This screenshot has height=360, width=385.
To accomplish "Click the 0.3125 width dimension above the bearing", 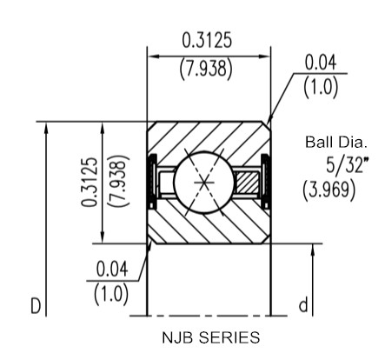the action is tap(207, 40).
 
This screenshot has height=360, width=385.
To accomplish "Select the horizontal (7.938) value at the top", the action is tap(206, 70).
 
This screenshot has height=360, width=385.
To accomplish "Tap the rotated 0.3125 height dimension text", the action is tap(89, 182).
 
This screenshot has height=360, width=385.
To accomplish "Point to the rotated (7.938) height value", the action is tap(118, 181).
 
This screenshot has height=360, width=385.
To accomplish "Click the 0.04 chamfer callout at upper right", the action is tap(321, 63).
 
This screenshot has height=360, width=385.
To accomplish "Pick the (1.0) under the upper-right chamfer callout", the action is tap(321, 87).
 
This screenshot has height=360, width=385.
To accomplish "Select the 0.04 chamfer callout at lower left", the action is tap(112, 269).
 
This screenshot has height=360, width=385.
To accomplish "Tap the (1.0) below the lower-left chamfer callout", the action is tap(111, 294).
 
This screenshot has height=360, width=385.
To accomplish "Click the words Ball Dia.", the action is tap(336, 143).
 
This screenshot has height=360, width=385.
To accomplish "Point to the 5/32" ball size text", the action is tap(345, 164).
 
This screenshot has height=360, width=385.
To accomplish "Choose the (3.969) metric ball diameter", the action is tap(329, 190).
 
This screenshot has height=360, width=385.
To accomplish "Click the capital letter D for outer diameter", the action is tap(36, 306).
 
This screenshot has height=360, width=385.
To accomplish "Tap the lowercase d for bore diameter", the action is tap(303, 305).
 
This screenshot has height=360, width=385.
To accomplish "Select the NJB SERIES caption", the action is tap(211, 337).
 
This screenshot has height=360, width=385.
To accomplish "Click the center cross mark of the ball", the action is tap(204, 183).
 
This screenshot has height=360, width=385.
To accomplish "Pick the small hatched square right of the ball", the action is tap(247, 182).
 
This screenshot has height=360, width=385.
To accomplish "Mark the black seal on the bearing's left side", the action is tap(152, 181).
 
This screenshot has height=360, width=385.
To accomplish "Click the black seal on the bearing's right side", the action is tap(265, 181).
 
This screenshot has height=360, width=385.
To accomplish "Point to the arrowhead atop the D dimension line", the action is tap(46, 128).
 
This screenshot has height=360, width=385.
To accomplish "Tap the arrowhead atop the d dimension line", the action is tap(312, 250).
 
